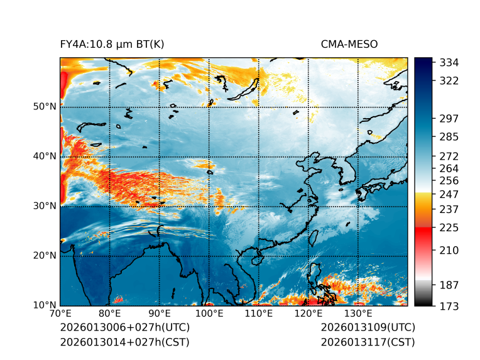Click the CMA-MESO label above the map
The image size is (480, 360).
click(349, 44)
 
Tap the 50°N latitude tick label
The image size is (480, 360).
click(45, 107)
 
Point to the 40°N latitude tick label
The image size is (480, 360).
click(45, 156)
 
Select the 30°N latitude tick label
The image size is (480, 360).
click(45, 206)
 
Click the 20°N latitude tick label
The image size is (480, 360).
click(45, 256)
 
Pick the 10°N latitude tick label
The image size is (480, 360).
click(45, 305)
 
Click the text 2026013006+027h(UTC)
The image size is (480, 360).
click(125, 328)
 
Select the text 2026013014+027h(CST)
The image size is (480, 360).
click(124, 342)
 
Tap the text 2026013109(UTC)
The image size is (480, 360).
click(368, 328)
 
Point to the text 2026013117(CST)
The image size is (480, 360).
click(368, 342)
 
